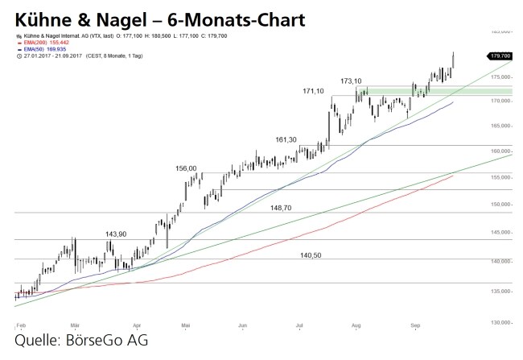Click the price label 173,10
[351, 81]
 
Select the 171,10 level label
[313, 93]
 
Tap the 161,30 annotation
[286, 139]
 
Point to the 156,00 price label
[186, 168]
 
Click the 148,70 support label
[282, 208]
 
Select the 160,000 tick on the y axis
[501, 151]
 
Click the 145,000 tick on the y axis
[501, 234]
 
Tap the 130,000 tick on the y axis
[501, 321]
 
